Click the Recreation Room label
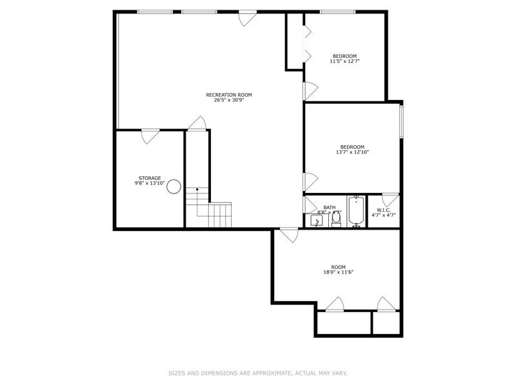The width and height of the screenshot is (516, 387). (224, 95)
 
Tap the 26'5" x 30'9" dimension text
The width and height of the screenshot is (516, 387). (224, 100)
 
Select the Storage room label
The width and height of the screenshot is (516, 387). (150, 178)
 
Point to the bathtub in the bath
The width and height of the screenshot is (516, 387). (356, 212)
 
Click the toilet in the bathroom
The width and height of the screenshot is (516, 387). (336, 220)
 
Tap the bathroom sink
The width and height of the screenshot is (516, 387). (316, 221)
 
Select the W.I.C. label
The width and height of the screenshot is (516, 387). (383, 210)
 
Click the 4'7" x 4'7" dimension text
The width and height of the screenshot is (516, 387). (383, 215)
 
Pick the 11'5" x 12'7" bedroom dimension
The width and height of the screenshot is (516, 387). (344, 61)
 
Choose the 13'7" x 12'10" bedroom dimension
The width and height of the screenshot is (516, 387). (352, 152)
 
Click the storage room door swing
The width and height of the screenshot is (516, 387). (150, 135)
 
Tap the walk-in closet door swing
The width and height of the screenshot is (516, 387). (390, 200)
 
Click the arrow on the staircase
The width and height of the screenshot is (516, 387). (197, 190)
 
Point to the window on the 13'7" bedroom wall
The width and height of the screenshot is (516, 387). (401, 121)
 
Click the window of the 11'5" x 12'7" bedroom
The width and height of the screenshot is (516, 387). (338, 12)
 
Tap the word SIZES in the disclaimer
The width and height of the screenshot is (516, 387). (177, 373)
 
